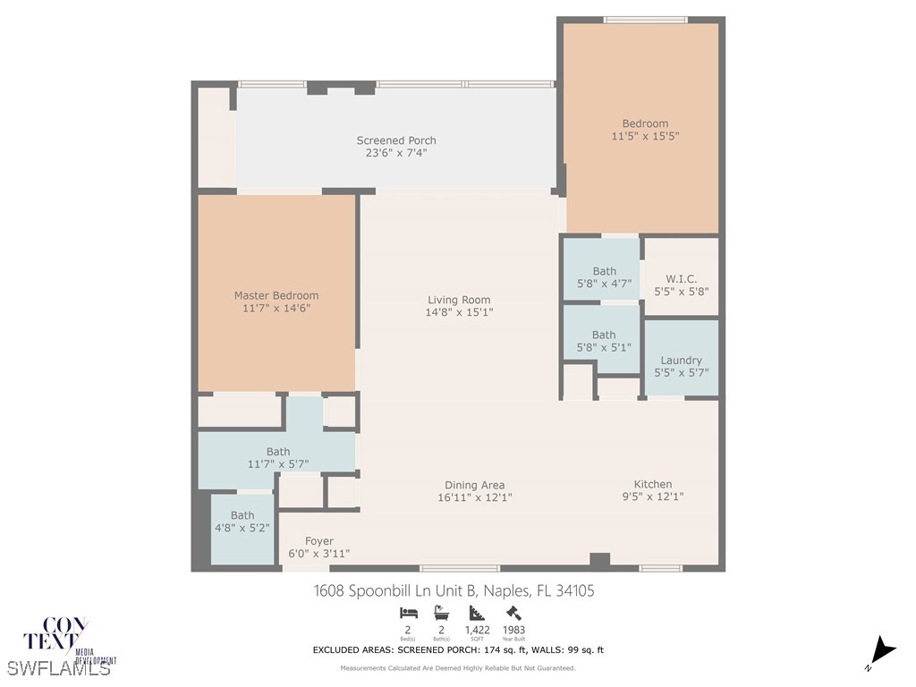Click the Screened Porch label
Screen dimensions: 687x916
pyautogui.click(x=396, y=140)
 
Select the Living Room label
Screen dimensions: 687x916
pyautogui.click(x=459, y=300)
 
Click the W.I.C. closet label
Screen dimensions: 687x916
pyautogui.click(x=682, y=278)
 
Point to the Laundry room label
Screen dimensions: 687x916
pyautogui.click(x=682, y=360)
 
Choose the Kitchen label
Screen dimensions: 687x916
pyautogui.click(x=653, y=484)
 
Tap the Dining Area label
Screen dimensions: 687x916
pyautogui.click(x=475, y=485)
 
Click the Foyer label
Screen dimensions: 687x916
pyautogui.click(x=319, y=541)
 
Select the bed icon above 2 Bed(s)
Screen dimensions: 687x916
pyautogui.click(x=408, y=613)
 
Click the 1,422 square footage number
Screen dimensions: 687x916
pyautogui.click(x=477, y=629)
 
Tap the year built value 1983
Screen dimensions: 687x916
pyautogui.click(x=513, y=629)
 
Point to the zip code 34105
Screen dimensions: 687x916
pyautogui.click(x=573, y=590)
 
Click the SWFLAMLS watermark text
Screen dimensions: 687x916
pyautogui.click(x=58, y=667)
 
